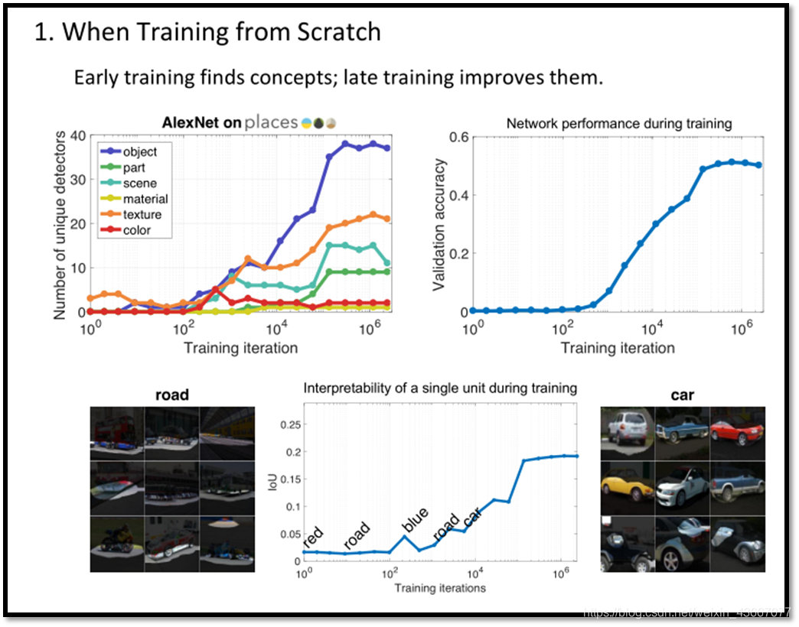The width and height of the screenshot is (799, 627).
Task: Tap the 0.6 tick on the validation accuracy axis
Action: point(458,137)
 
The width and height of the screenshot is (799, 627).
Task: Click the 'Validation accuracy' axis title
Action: point(439,224)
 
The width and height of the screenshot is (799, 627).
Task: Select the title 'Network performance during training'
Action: point(618,123)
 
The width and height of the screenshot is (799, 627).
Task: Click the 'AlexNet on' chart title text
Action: point(201,122)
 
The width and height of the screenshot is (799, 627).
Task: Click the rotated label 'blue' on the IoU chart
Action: point(416,519)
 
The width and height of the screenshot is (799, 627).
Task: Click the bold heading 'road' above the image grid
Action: point(172,395)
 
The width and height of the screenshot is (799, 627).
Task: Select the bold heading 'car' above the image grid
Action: point(683,395)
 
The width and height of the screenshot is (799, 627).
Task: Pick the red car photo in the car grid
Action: point(737,432)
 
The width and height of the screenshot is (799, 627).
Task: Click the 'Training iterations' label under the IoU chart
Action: point(440,588)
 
